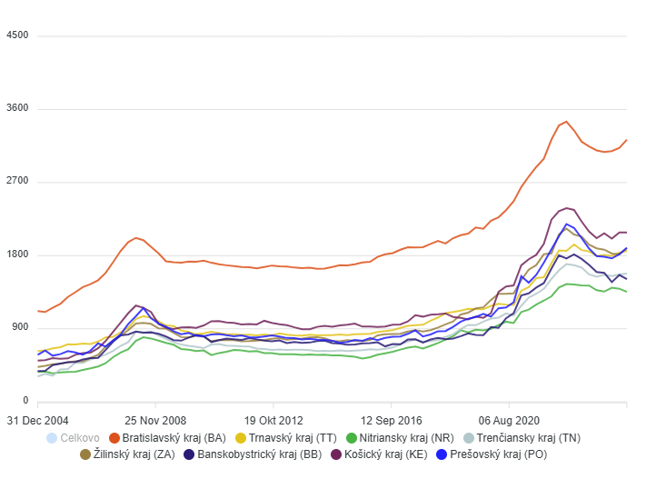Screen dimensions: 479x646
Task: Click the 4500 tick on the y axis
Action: point(17,35)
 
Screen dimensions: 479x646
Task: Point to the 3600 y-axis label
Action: point(17,109)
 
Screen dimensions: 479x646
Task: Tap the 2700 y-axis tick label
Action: point(17,182)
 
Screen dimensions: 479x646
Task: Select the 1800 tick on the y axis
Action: point(17,255)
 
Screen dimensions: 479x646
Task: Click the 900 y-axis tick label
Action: point(20,328)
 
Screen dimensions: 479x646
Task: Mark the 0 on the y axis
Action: point(25,401)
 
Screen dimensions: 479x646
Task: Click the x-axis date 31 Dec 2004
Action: point(38,420)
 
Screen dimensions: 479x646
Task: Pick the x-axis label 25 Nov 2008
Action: point(155,420)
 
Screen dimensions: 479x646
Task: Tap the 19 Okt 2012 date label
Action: point(273,420)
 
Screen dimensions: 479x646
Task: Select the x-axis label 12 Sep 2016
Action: point(391,420)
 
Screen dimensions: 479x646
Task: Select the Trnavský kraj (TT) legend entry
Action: point(289,438)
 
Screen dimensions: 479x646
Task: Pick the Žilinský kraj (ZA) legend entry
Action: point(128,454)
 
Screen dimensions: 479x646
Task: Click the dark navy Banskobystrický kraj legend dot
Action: point(189,454)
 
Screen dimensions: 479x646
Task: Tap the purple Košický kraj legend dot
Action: point(336,454)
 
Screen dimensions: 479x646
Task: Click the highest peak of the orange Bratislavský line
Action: point(566,121)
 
